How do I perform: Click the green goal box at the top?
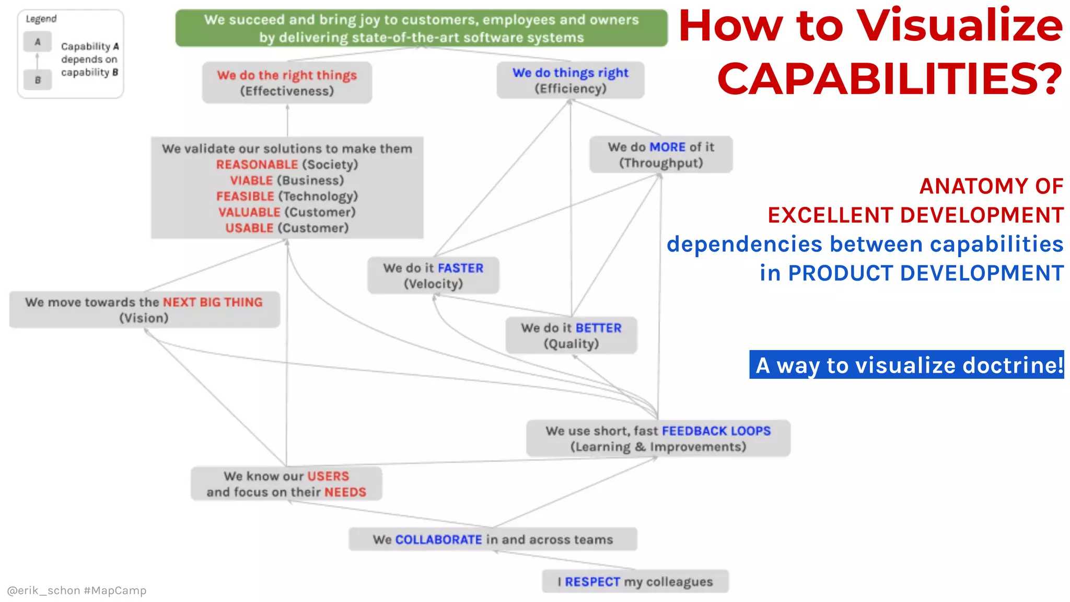[421, 28]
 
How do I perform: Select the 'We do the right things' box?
[287, 83]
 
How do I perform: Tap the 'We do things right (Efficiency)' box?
[570, 80]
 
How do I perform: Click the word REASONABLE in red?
[257, 165]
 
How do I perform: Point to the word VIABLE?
[251, 180]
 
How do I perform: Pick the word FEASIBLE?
[245, 196]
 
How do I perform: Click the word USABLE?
[249, 228]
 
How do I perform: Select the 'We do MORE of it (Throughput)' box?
[660, 155]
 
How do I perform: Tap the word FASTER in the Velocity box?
[460, 268]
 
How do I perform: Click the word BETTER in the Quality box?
[598, 328]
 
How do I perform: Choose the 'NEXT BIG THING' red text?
[213, 303]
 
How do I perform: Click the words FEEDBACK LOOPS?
[716, 431]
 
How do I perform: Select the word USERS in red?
[328, 477]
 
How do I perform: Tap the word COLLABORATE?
[438, 540]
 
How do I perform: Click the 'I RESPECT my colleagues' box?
[635, 582]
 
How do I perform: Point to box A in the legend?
[37, 42]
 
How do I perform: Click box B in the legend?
[37, 80]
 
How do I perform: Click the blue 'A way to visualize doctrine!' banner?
[906, 365]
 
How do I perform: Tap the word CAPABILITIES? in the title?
[890, 79]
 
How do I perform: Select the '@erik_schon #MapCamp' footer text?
[77, 591]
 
